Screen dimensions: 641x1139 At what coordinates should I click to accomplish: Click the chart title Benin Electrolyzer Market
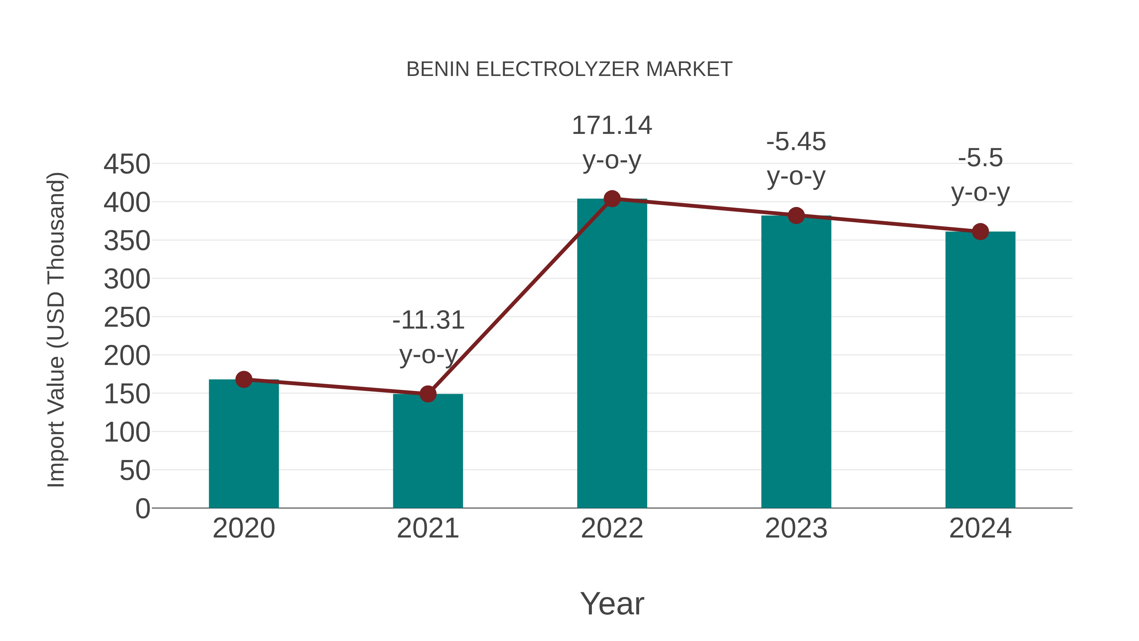coord(569,69)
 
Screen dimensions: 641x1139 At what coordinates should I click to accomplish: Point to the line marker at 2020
coord(244,379)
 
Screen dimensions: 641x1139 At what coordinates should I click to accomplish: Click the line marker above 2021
coord(427,394)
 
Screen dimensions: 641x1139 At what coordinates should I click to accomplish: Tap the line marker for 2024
coord(980,231)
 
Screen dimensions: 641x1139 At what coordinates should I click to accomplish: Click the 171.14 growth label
coord(612,126)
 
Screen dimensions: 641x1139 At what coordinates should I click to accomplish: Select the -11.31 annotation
coord(428,320)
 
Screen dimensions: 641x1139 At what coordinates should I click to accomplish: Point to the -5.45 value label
coord(796,142)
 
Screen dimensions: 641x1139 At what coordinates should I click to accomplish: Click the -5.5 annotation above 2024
coord(980,158)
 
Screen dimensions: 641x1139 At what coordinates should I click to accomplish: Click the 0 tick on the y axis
coord(142,508)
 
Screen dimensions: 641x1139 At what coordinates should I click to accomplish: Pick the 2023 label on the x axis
coord(796,528)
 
